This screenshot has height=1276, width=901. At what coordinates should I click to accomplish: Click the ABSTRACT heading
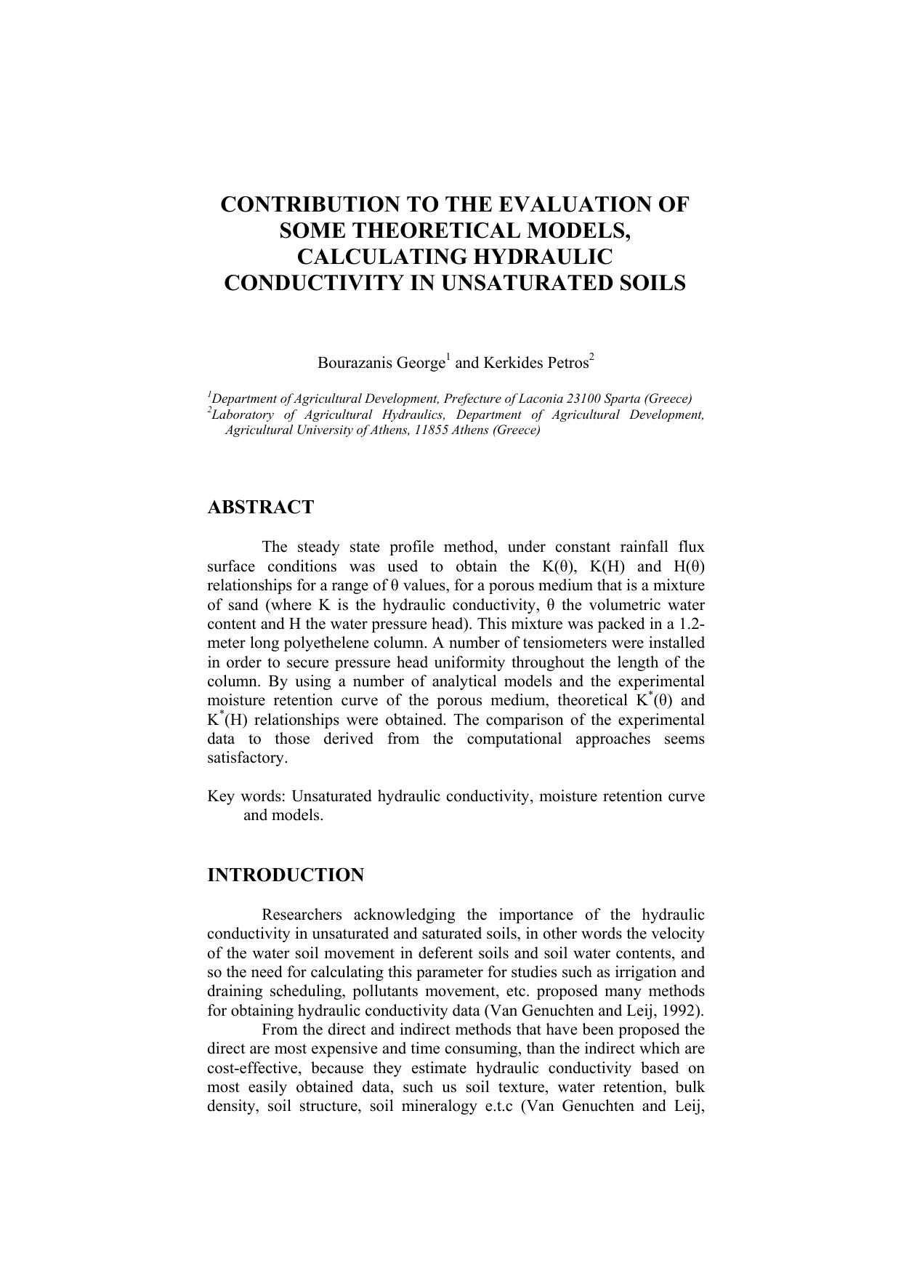pos(260,507)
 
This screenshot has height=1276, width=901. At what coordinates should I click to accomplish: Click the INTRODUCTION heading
pos(286,875)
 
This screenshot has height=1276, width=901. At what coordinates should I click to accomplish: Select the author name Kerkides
pos(509,363)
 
